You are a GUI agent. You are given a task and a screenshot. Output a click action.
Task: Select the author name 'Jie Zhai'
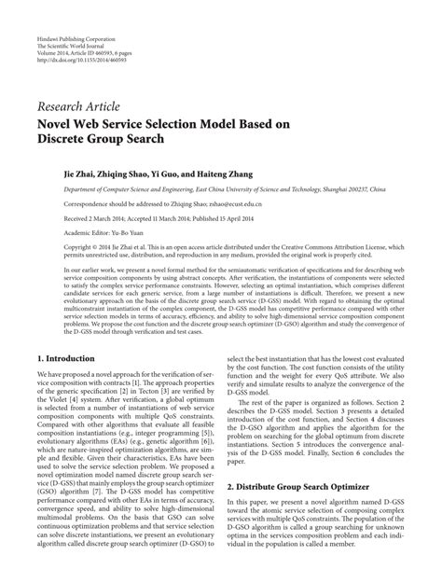coord(82,174)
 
